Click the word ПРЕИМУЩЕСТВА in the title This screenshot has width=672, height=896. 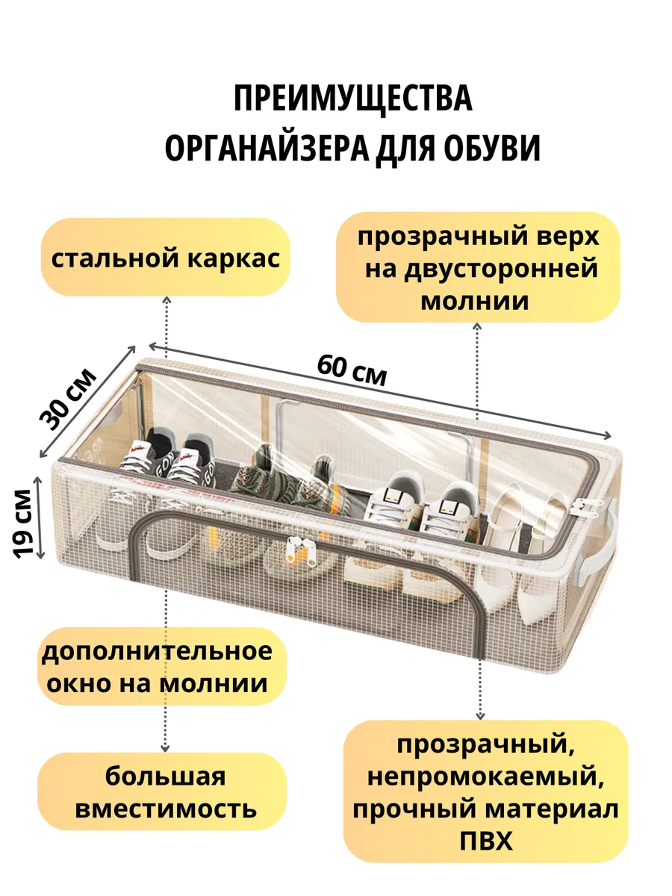pos(353,99)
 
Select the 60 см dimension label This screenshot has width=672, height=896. pos(352,370)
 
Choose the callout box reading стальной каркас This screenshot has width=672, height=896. pos(165,258)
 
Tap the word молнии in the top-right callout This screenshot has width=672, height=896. pos(475,301)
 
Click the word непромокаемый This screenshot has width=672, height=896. pos(485,777)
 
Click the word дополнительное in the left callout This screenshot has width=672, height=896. pos(157,650)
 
